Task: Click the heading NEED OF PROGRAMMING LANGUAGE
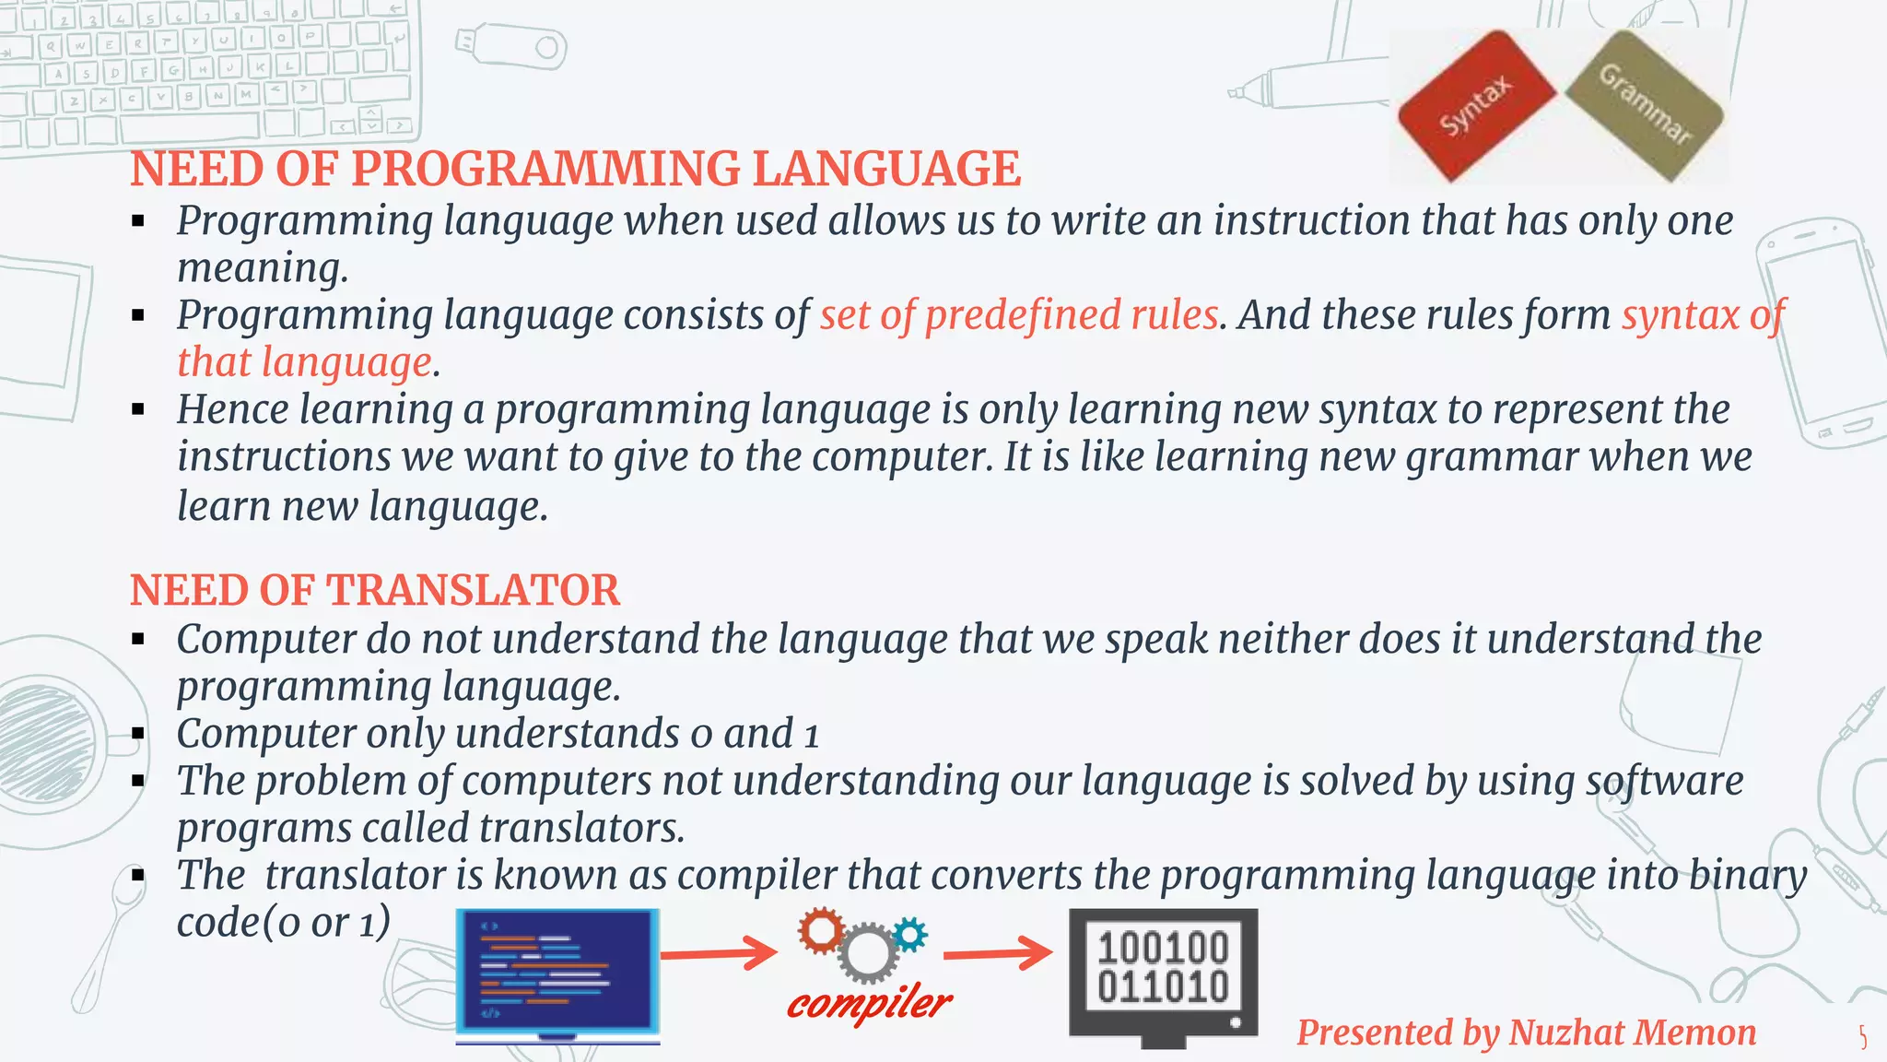click(x=575, y=170)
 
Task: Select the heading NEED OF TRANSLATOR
click(x=375, y=591)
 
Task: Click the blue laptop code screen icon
click(x=557, y=973)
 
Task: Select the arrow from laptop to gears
click(x=720, y=953)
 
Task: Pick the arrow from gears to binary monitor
click(x=998, y=953)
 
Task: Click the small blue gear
click(x=910, y=935)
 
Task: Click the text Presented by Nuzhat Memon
click(x=1526, y=1032)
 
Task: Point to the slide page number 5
click(x=1863, y=1038)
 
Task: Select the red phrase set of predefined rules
click(x=1019, y=315)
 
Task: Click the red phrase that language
click(x=304, y=362)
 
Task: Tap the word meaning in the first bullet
click(x=263, y=268)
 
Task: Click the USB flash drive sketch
click(x=510, y=45)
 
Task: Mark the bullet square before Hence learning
click(x=138, y=409)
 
